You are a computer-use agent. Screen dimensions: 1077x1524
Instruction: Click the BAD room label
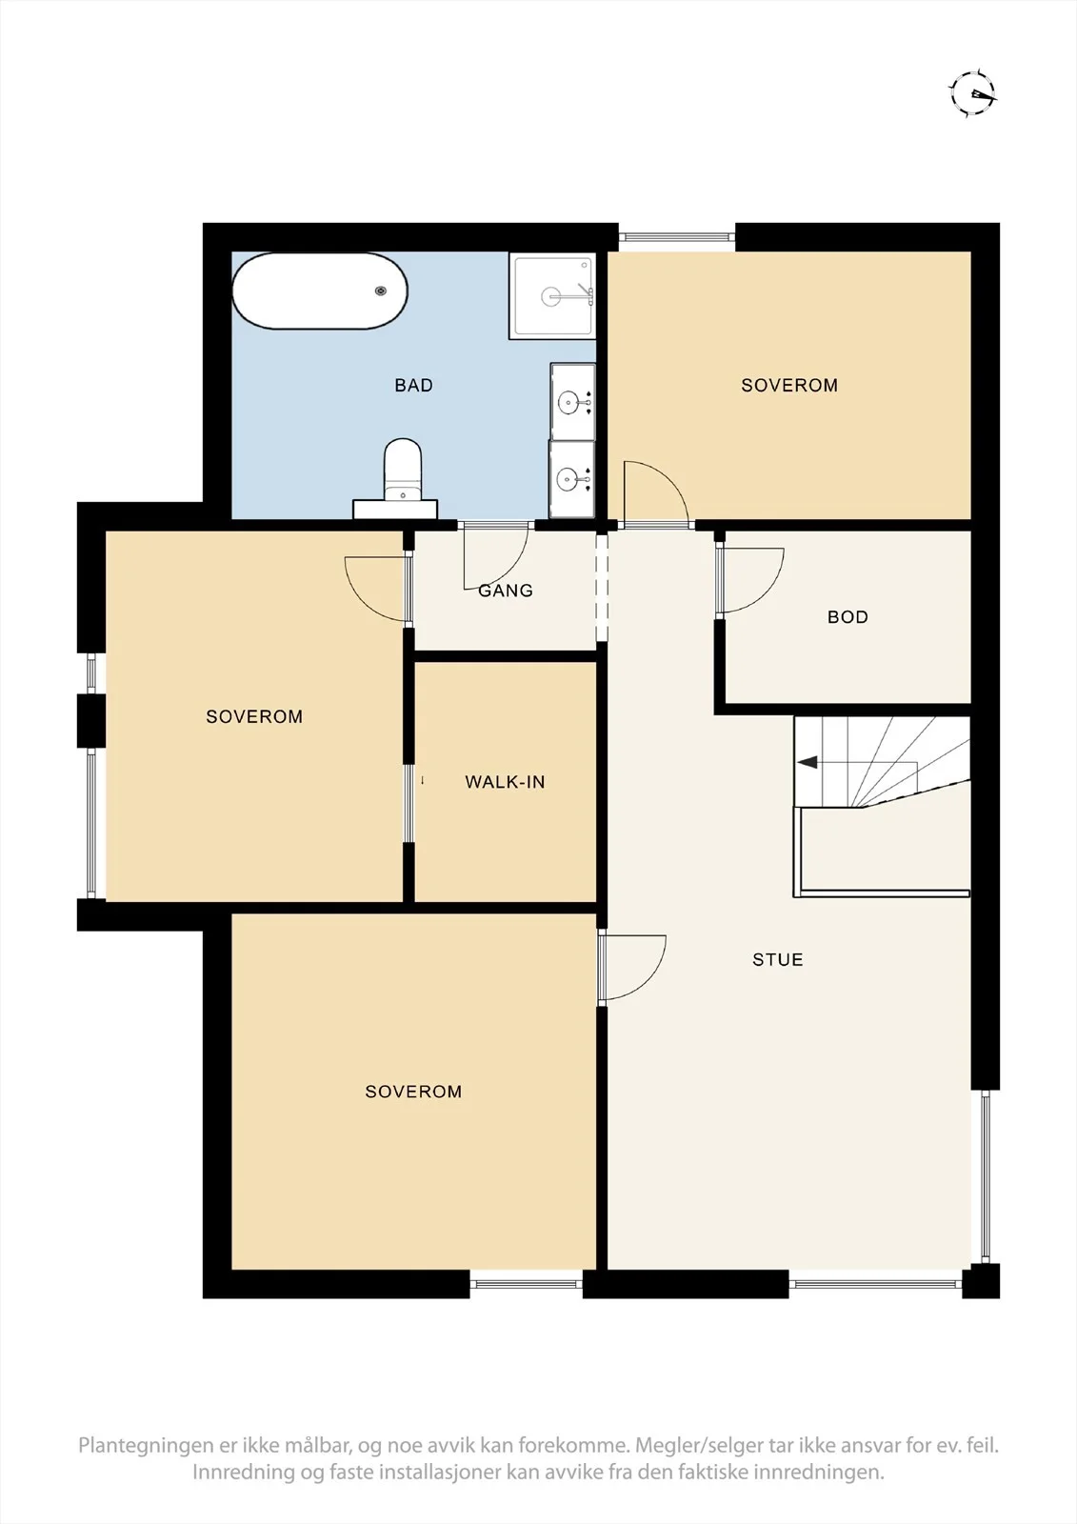click(x=413, y=385)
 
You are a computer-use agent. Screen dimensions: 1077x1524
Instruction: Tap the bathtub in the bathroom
click(x=320, y=291)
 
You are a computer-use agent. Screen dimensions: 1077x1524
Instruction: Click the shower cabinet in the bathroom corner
click(x=551, y=296)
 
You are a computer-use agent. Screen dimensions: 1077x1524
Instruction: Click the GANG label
click(x=506, y=591)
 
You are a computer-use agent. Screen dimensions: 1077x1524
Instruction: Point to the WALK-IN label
click(x=505, y=782)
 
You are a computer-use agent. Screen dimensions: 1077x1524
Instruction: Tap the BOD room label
click(x=848, y=617)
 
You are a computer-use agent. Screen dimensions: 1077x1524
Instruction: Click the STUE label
click(x=778, y=959)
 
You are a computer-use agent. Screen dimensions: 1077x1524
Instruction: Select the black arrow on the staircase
click(x=808, y=763)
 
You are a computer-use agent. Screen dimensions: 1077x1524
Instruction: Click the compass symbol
click(x=973, y=91)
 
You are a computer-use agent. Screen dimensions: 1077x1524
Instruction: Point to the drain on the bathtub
click(x=381, y=291)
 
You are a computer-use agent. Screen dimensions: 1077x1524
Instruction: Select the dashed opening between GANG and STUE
click(x=602, y=587)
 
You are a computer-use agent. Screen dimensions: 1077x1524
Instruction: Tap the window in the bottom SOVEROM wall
click(x=527, y=1285)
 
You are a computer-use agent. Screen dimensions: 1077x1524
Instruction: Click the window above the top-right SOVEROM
click(x=677, y=237)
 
